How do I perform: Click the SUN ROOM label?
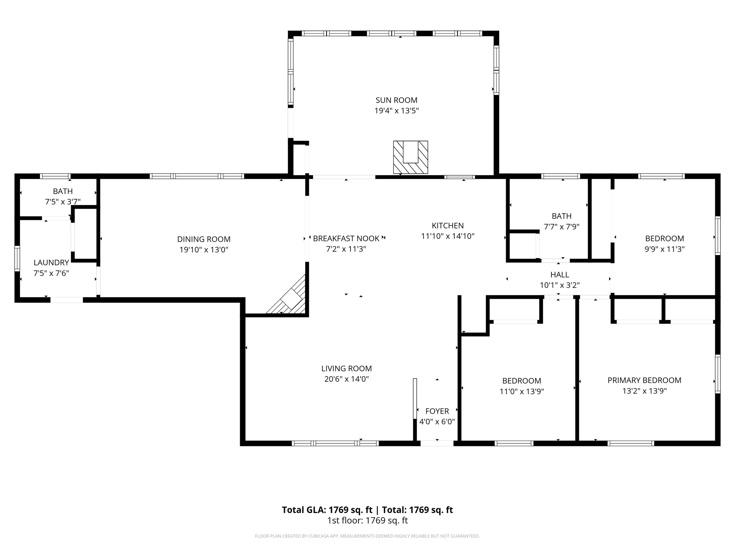point(396,100)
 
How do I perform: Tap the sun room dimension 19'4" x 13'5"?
point(396,111)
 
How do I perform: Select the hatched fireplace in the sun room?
point(410,157)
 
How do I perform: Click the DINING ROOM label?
point(204,239)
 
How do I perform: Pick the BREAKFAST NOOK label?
point(346,239)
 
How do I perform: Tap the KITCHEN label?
point(448,226)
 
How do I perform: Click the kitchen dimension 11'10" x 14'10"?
point(448,236)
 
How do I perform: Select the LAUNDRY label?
point(51,262)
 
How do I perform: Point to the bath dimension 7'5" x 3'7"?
point(63,202)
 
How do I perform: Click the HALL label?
point(560,275)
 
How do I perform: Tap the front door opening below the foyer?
point(437,443)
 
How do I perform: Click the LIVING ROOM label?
point(347,368)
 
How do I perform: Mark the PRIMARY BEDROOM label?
point(644,380)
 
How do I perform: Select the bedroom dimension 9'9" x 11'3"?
point(664,249)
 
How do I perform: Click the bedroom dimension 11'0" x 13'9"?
point(522,391)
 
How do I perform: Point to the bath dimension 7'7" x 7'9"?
point(562,227)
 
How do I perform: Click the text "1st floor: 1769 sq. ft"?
point(367,520)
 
